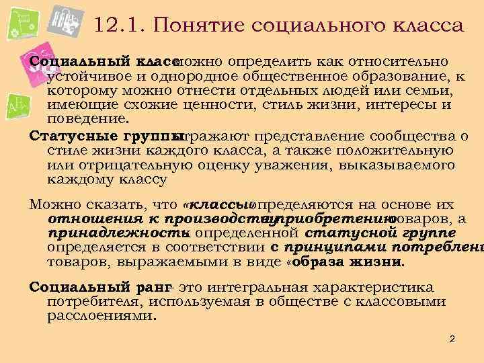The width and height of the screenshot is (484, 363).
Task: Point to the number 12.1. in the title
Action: coord(116,26)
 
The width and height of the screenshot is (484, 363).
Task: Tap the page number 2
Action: coord(452,339)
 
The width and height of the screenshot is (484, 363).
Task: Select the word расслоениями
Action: coord(101,315)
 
